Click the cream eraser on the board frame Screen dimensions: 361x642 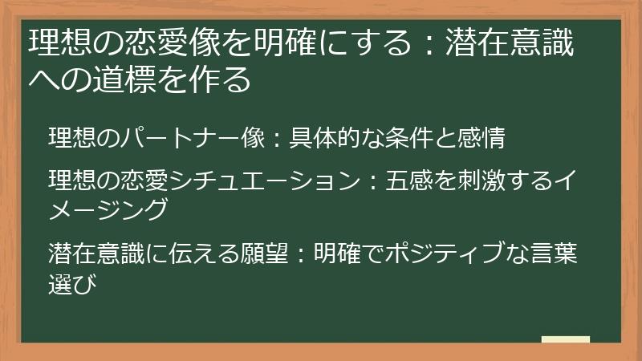coord(566,339)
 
